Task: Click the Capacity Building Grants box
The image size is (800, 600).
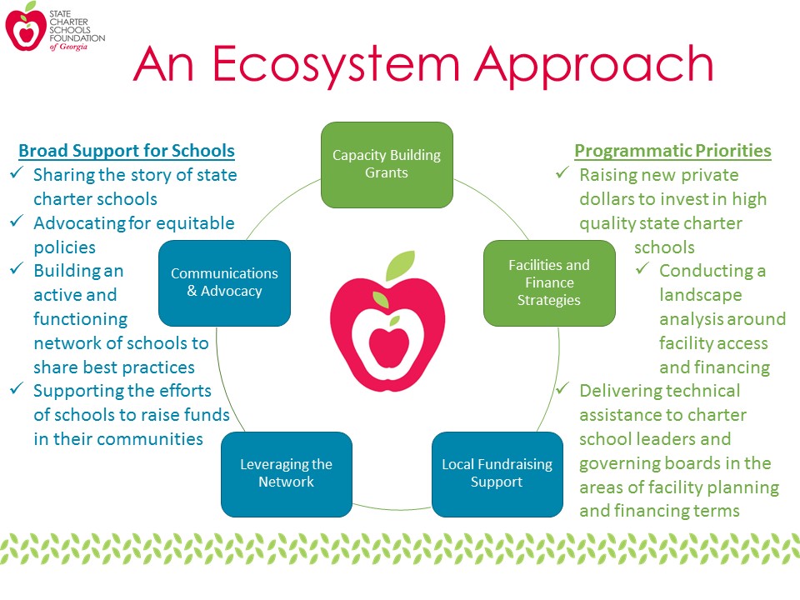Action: (387, 165)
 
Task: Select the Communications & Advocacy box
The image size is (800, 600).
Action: (224, 283)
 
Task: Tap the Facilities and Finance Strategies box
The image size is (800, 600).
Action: (549, 283)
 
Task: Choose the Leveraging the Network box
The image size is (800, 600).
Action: (286, 474)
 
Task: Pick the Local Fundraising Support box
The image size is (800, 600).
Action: (497, 474)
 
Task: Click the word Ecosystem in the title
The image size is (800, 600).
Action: (335, 65)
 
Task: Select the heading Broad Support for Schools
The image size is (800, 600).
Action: (127, 151)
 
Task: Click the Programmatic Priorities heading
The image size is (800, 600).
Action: (672, 151)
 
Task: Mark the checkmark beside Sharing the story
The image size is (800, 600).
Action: (17, 172)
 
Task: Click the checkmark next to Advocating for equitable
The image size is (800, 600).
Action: (17, 220)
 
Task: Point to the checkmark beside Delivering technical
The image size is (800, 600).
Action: (562, 388)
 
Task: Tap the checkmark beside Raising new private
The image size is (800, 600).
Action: (562, 172)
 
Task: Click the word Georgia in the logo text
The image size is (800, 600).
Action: (73, 47)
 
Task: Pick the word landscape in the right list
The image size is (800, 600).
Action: (701, 295)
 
